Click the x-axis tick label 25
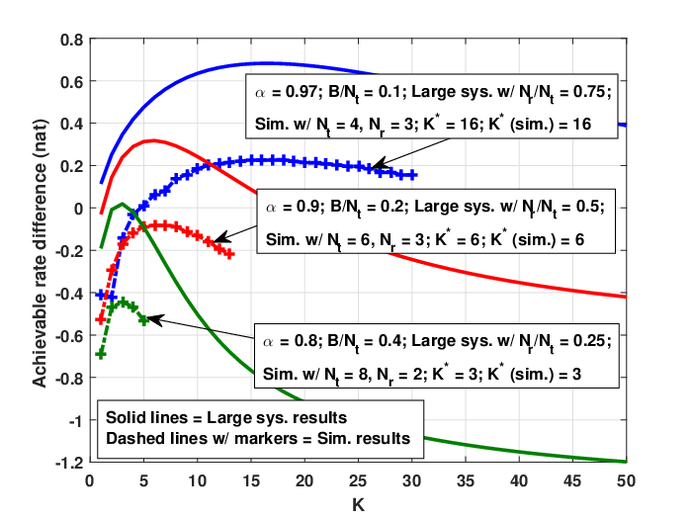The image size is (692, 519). [x=358, y=480]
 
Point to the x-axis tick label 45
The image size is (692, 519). [x=572, y=480]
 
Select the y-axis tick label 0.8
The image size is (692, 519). [x=72, y=40]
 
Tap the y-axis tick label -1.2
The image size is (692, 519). [x=69, y=463]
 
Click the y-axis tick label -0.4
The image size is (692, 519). [x=69, y=294]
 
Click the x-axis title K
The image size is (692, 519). [x=358, y=505]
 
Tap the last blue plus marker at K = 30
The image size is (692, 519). [x=412, y=175]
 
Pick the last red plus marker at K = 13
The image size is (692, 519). [x=229, y=254]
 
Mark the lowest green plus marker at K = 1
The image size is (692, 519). [x=101, y=354]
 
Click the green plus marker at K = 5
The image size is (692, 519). [x=143, y=319]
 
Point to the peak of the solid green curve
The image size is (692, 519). [x=123, y=204]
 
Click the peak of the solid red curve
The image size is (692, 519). [x=152, y=140]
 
